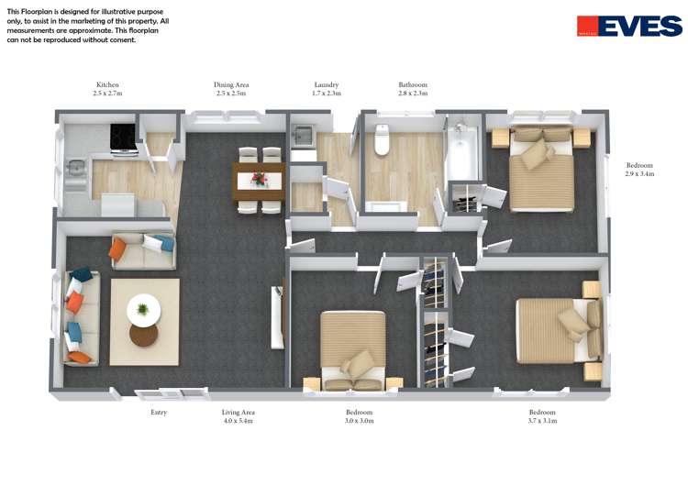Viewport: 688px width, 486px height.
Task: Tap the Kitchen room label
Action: tap(107, 85)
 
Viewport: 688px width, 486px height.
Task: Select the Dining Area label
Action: tap(231, 85)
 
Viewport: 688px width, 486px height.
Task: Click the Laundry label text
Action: tap(326, 85)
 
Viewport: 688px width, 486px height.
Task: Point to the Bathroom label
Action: tap(413, 85)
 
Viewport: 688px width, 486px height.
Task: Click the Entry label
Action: tap(159, 413)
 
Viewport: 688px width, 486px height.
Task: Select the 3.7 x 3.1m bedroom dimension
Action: tap(542, 422)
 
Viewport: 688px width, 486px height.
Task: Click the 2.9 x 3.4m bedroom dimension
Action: tap(639, 174)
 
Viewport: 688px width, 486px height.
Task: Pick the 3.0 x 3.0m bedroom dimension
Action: tap(359, 422)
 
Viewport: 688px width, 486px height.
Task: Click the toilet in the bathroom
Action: tap(383, 142)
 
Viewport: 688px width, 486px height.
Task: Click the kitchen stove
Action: tap(124, 138)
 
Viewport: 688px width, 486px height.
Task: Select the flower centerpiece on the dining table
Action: tap(259, 178)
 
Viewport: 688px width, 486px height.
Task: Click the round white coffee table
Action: tap(143, 309)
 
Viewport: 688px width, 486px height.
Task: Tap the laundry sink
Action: tap(303, 138)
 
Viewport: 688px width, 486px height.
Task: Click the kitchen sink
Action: tap(75, 168)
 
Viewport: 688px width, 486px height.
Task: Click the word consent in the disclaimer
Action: tap(121, 39)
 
